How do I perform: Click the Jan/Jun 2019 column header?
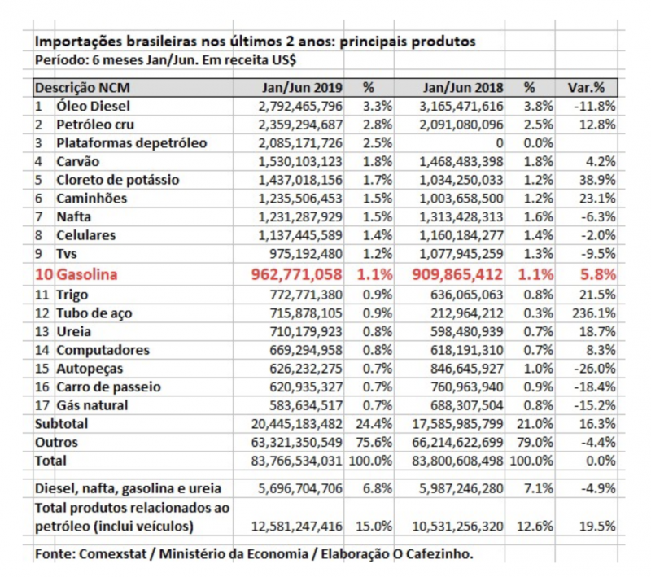[302, 87]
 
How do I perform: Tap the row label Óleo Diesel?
[93, 106]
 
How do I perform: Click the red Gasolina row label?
[86, 275]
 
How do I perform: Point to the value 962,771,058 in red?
[293, 275]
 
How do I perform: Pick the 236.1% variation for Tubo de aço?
[594, 313]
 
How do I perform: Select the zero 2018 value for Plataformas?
[498, 143]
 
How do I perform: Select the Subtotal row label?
[61, 424]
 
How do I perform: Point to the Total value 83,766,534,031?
[288, 461]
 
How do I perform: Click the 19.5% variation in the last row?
[597, 526]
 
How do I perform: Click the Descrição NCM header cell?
[82, 87]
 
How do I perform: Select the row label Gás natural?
[92, 405]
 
